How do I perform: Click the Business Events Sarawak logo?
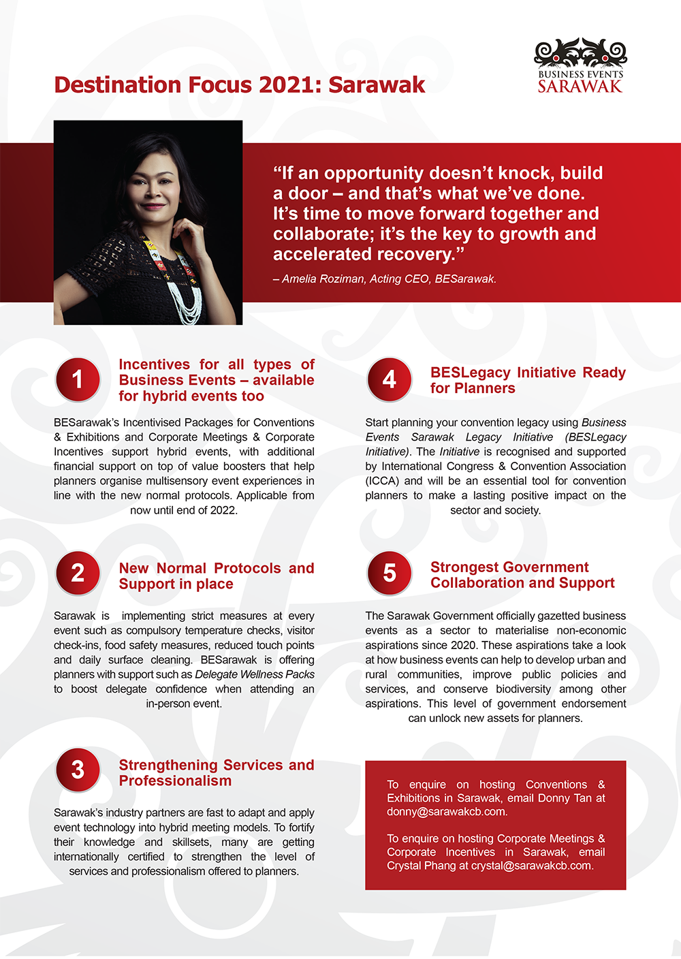[x=580, y=66]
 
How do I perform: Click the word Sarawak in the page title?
[x=377, y=85]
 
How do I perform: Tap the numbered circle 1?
[x=78, y=379]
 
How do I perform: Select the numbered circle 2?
[x=78, y=573]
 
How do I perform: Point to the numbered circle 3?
[x=78, y=770]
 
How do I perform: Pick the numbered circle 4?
[x=389, y=379]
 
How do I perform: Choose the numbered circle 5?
[x=389, y=573]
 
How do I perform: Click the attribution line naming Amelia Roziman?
[x=385, y=279]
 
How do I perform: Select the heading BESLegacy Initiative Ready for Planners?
[x=527, y=380]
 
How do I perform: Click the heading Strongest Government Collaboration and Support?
[x=522, y=575]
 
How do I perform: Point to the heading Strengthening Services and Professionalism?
[x=216, y=772]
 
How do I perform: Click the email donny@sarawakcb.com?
[x=446, y=812]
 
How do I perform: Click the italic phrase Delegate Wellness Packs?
[x=255, y=674]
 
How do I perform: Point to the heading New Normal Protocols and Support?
[x=216, y=576]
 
